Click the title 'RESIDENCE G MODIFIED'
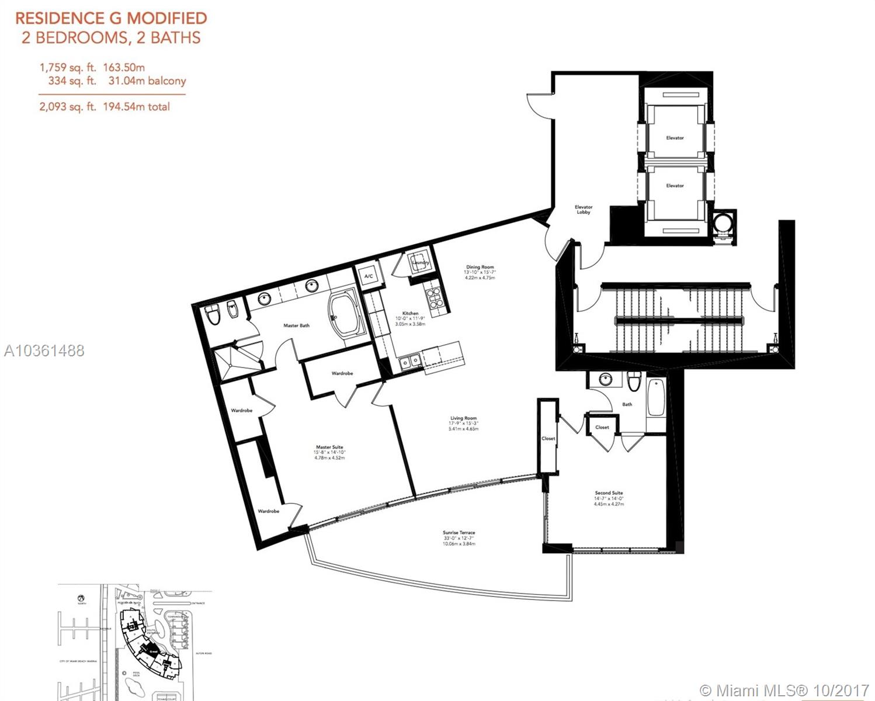(111, 18)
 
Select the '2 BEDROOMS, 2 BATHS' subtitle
(111, 38)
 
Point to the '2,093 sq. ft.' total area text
(65, 107)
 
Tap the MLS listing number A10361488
(44, 350)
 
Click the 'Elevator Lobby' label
(583, 210)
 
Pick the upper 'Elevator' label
(675, 138)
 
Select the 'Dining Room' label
(480, 267)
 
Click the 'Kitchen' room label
(410, 314)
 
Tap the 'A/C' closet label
(369, 276)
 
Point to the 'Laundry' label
(420, 263)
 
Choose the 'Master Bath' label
(296, 325)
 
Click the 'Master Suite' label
(329, 447)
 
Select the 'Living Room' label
(463, 418)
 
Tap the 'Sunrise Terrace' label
(459, 533)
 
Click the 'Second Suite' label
(609, 493)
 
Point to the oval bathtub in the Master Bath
(345, 316)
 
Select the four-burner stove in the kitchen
(435, 299)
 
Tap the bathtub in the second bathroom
(655, 397)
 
